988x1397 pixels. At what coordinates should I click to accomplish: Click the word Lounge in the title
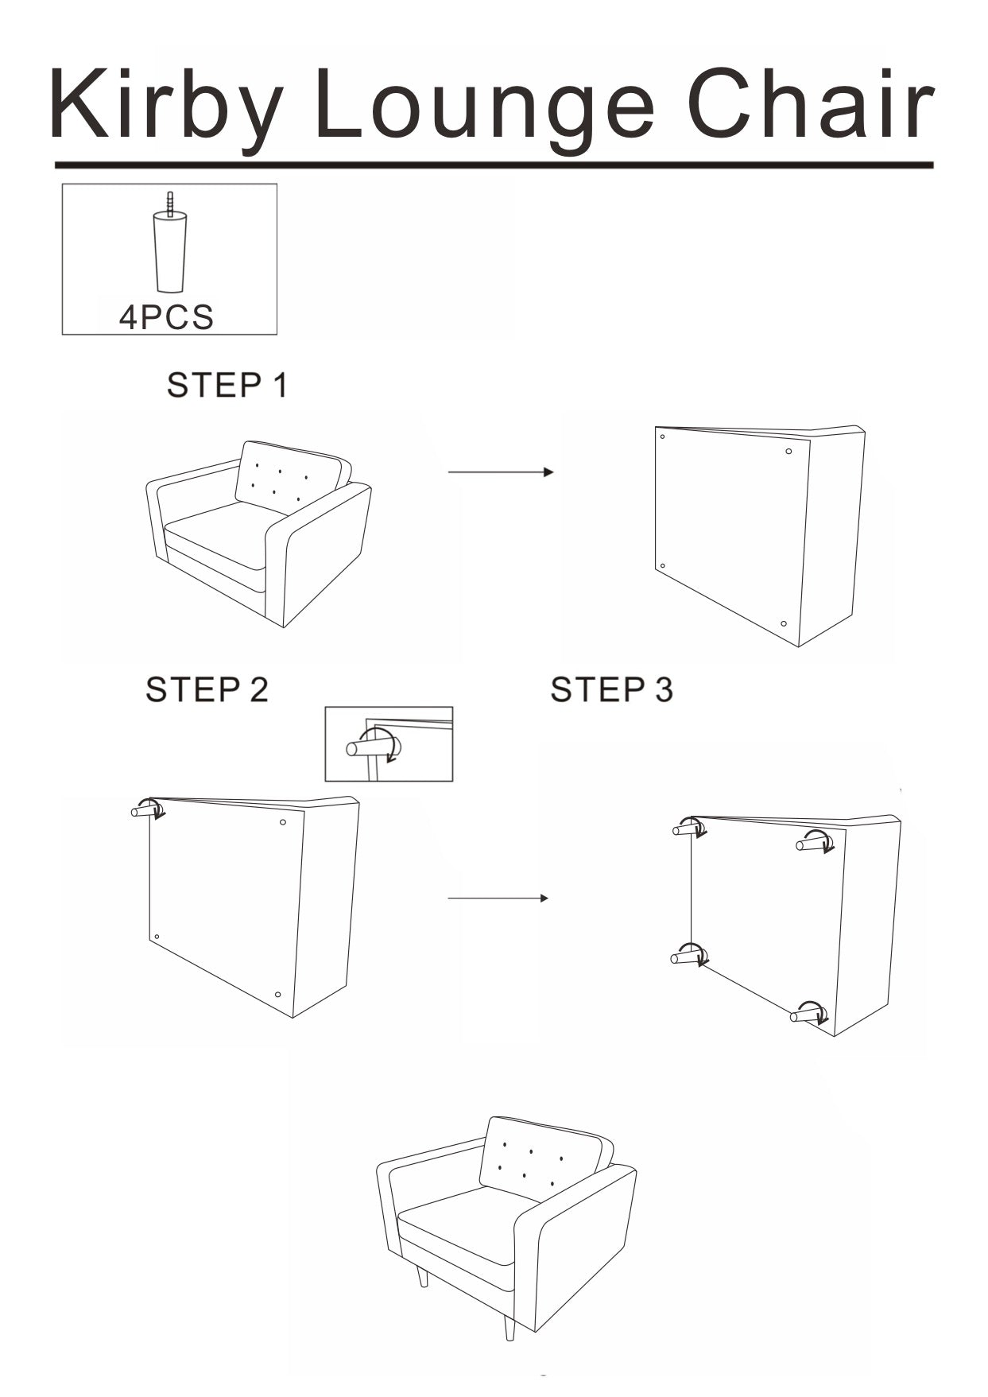pyautogui.click(x=485, y=106)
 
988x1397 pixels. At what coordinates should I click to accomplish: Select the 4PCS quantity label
pyautogui.click(x=166, y=317)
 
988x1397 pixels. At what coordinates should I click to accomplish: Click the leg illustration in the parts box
pyautogui.click(x=170, y=246)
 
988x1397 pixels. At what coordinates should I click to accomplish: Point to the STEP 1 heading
pyautogui.click(x=227, y=386)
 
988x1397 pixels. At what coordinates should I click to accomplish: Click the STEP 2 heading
pyautogui.click(x=207, y=689)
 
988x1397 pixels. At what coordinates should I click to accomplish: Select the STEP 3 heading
pyautogui.click(x=611, y=689)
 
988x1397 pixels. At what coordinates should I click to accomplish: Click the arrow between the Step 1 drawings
pyautogui.click(x=500, y=472)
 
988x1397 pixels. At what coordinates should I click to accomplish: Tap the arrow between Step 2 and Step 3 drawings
pyautogui.click(x=498, y=898)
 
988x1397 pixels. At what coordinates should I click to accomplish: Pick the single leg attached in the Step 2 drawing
pyautogui.click(x=146, y=810)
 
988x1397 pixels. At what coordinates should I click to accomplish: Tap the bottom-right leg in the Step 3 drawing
pyautogui.click(x=808, y=1014)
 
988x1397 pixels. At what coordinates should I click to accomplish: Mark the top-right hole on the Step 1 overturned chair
pyautogui.click(x=788, y=452)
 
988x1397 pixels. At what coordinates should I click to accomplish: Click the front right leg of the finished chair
pyautogui.click(x=509, y=1325)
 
